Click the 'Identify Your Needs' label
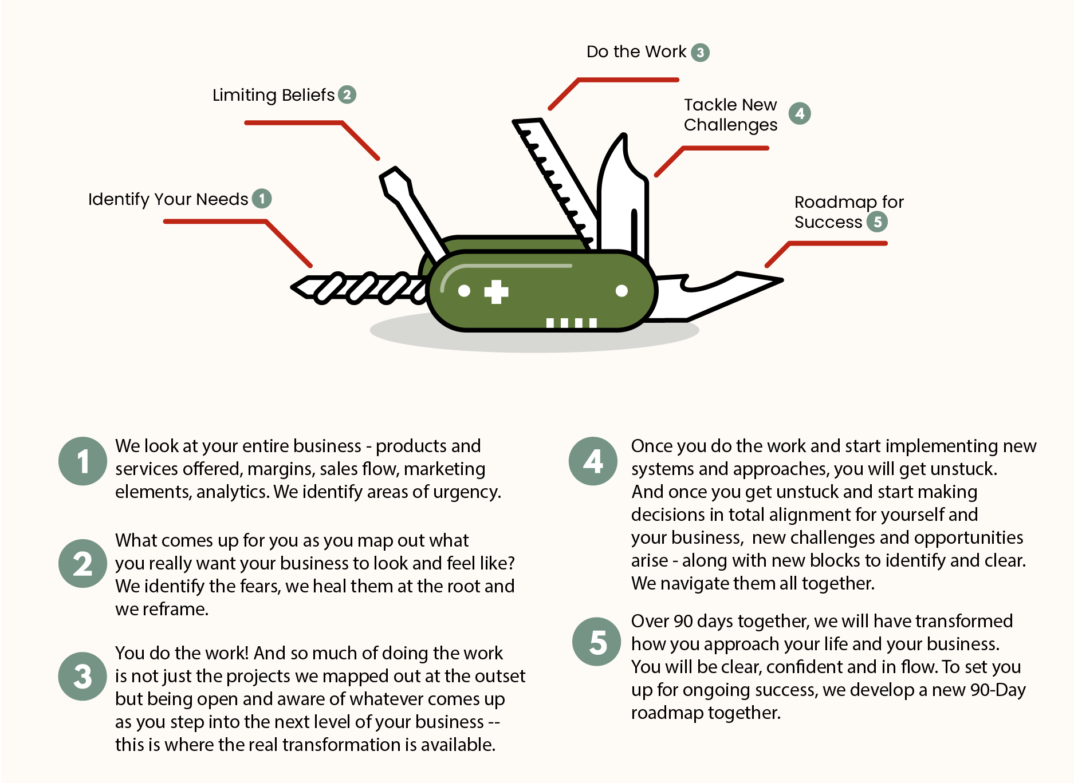point(168,199)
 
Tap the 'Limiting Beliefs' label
point(273,95)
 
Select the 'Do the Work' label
point(636,52)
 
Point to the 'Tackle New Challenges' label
point(730,114)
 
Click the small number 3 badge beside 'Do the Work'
point(700,53)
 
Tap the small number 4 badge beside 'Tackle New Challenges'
point(800,113)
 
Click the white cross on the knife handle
point(496,292)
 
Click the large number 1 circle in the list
point(82,461)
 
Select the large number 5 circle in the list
point(596,642)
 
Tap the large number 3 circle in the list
point(82,677)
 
